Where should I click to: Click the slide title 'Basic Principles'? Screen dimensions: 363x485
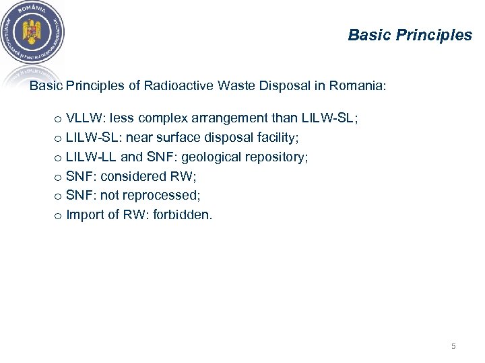coord(410,35)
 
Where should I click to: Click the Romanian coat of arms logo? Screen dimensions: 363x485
coord(33,33)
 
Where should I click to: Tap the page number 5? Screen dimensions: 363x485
coord(453,346)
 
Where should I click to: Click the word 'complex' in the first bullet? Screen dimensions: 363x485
coord(162,118)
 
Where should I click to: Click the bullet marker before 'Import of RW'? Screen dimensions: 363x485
coord(59,216)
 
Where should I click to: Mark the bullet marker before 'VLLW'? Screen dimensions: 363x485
coord(59,119)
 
